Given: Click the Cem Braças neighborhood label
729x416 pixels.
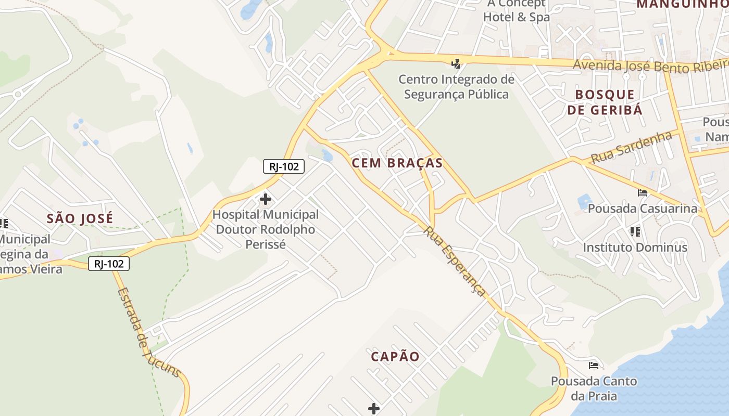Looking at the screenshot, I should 397,163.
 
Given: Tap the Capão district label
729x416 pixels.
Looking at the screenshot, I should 395,356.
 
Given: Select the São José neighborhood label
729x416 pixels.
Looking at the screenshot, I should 80,218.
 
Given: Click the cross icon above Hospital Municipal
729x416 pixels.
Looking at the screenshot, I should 266,199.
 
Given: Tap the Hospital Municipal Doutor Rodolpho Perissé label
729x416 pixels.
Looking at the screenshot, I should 266,229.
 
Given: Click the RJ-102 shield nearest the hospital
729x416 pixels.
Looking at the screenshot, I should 283,166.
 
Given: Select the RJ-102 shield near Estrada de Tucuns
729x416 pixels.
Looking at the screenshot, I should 108,264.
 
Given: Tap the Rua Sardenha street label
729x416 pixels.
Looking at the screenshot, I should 631,147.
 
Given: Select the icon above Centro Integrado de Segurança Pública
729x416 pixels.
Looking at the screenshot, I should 456,63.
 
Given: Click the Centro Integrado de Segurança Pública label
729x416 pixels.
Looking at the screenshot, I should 456,87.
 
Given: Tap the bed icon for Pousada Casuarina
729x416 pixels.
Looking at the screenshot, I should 643,193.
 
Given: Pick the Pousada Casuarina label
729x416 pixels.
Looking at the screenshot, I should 643,209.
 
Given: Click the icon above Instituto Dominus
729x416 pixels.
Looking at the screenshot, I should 635,231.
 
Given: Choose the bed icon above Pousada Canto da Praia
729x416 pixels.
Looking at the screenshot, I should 594,365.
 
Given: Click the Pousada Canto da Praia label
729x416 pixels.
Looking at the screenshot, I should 594,388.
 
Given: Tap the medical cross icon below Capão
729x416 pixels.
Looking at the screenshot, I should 373,409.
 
